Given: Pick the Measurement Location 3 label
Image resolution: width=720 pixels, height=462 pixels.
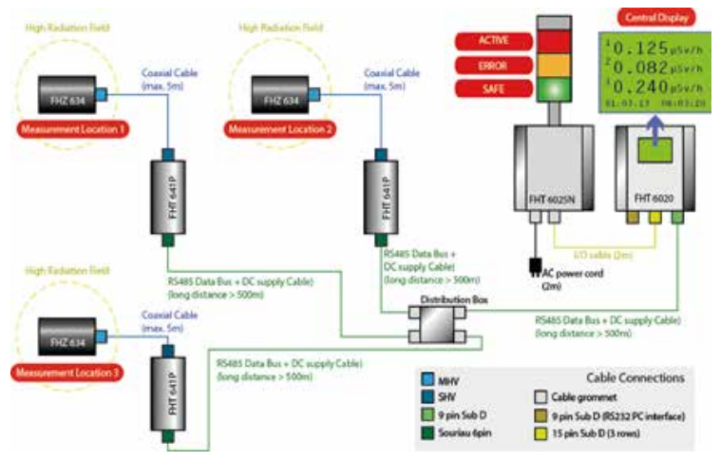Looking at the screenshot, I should [64, 373].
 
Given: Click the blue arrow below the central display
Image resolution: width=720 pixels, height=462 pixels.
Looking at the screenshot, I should [654, 125].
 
